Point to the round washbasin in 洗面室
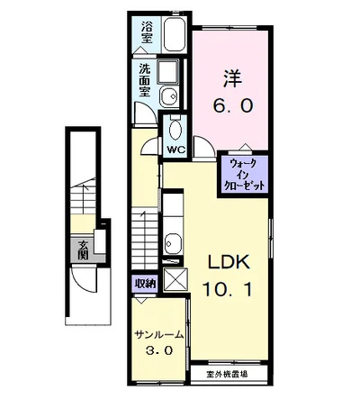pyautogui.click(x=168, y=97)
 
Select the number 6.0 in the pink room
pyautogui.click(x=233, y=105)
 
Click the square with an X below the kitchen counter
pyautogui.click(x=176, y=280)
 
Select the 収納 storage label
pyautogui.click(x=146, y=283)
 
